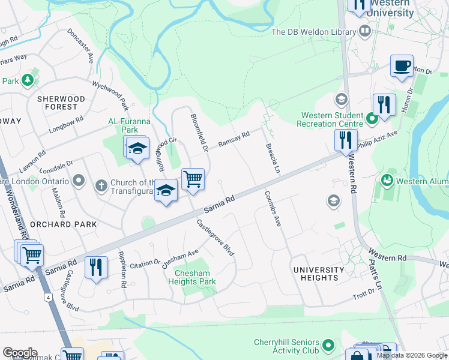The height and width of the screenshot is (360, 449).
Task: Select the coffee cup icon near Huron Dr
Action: click(402, 65)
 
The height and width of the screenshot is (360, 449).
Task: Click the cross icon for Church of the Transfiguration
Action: click(101, 187)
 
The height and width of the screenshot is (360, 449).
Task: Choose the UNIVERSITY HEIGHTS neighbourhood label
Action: click(319, 274)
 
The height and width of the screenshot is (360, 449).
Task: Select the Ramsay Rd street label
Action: click(234, 140)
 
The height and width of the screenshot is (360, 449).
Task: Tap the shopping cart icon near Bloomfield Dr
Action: click(193, 178)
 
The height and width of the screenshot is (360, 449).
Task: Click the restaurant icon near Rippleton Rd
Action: click(96, 266)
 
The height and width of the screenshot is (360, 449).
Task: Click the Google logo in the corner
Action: click(19, 353)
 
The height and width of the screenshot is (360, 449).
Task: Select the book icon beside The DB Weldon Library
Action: click(364, 31)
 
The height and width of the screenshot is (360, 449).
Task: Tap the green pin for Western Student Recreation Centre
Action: click(372, 118)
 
